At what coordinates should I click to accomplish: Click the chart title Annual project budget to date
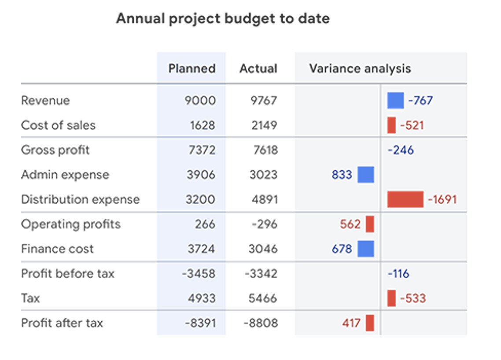(222, 19)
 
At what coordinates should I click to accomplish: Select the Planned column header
(192, 69)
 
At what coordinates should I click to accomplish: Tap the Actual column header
(258, 69)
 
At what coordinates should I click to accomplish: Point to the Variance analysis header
(360, 69)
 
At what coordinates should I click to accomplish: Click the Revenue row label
(45, 101)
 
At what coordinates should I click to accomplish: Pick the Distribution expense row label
(80, 199)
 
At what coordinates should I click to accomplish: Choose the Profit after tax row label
(62, 323)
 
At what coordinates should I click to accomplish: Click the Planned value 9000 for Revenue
(200, 101)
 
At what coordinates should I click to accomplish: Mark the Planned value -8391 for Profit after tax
(200, 323)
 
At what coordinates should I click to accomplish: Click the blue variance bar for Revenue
(395, 101)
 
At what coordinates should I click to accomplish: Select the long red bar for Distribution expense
(405, 199)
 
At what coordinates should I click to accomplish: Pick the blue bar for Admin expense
(365, 175)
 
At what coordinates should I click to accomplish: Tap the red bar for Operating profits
(370, 224)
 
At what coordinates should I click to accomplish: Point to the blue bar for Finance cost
(365, 249)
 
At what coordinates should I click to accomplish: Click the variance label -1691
(442, 199)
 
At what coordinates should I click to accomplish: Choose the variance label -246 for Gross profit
(401, 150)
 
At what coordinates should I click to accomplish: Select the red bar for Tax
(391, 298)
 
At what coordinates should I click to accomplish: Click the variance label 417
(351, 323)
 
